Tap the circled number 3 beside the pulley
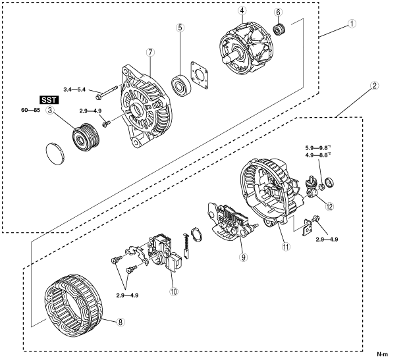pos(49,110)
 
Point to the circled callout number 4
pos(242,11)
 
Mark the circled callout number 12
pos(329,205)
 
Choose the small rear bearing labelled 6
pos(280,30)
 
